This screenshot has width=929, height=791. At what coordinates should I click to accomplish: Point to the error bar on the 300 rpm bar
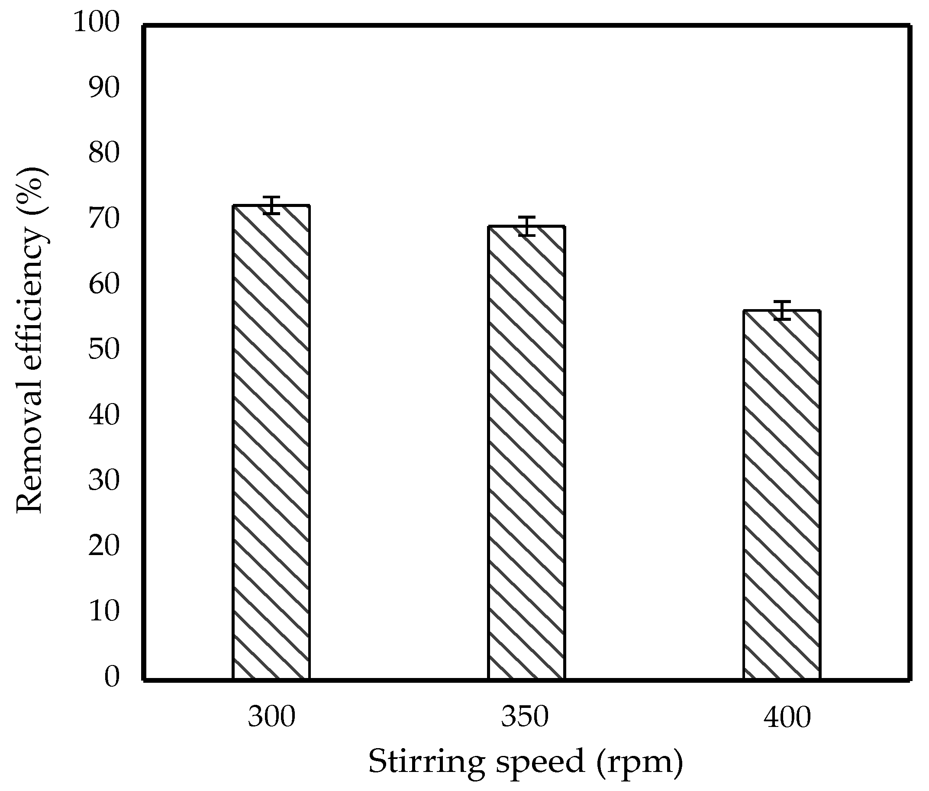[271, 205]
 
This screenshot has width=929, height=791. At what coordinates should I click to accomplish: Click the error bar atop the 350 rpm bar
[526, 226]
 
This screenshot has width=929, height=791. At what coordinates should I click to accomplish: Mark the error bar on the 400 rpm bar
[782, 310]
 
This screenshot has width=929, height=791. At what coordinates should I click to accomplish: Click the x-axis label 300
[272, 717]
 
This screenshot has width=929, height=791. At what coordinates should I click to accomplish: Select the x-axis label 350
[525, 717]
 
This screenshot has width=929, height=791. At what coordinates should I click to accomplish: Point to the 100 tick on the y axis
[97, 23]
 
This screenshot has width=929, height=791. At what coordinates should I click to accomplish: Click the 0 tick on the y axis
[112, 678]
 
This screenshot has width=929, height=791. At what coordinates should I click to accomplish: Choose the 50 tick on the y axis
[104, 350]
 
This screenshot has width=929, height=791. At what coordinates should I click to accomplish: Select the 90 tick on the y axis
[104, 88]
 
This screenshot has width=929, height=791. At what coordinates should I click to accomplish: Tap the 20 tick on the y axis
[104, 546]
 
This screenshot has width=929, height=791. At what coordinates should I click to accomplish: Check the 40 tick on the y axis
[104, 415]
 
